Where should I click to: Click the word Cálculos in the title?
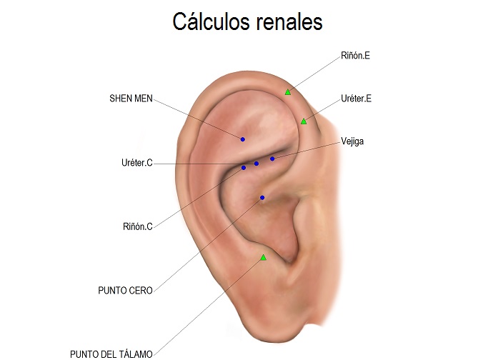point(211,22)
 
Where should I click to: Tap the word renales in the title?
point(289,22)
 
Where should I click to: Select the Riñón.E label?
point(355,55)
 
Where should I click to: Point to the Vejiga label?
point(353,141)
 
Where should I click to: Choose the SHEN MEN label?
point(131,98)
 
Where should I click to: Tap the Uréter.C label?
point(136,164)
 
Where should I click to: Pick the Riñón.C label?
point(138,227)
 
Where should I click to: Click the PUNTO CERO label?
point(125,291)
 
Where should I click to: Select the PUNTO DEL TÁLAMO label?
point(111,354)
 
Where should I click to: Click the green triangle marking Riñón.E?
point(288,91)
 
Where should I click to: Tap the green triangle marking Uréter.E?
point(304,121)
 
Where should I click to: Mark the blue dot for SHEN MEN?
point(243,139)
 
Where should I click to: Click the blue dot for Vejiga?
point(272,159)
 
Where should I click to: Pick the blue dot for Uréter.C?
point(257,164)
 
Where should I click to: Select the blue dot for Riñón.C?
point(244,168)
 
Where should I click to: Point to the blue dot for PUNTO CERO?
point(262,197)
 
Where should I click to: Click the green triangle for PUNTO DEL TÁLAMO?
point(263,257)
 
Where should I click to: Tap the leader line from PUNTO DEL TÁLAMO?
point(207,306)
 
